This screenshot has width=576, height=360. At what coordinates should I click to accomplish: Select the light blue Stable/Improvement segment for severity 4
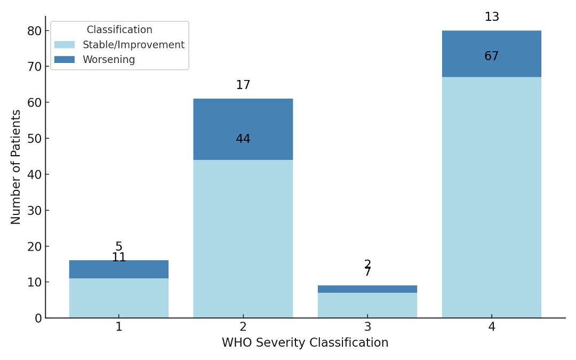491,197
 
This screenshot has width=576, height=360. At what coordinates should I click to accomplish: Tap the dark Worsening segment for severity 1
118,269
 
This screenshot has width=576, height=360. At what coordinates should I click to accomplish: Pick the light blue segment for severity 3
367,305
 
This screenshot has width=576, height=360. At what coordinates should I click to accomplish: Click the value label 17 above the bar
243,85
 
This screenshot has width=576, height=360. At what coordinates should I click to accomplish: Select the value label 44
243,139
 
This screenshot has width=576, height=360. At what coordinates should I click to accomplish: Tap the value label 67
491,57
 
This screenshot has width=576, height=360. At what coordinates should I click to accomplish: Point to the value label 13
491,17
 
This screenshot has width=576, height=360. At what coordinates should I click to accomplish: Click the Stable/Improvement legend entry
133,45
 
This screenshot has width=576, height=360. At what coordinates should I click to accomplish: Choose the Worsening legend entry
108,60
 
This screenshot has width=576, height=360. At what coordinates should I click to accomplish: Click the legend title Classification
119,30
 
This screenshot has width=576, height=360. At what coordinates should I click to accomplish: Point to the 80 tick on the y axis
35,31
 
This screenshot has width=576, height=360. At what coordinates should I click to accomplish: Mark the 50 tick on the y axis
35,139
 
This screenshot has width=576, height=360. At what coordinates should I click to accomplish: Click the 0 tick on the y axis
38,318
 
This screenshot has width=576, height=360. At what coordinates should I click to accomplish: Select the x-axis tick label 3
367,327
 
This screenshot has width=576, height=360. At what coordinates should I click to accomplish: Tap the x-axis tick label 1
118,327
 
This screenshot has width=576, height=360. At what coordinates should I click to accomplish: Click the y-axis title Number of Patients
16,167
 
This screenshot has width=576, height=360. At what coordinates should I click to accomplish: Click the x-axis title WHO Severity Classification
305,343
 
